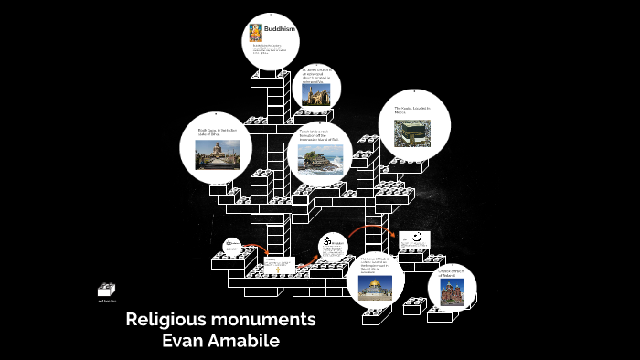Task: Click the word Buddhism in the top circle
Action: click(x=281, y=31)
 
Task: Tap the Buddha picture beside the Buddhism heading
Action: click(x=256, y=33)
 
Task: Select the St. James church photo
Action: click(x=321, y=93)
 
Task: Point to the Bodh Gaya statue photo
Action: click(x=216, y=155)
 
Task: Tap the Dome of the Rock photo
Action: click(x=376, y=288)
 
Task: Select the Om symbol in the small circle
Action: click(x=327, y=243)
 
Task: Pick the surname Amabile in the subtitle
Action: click(x=246, y=341)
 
